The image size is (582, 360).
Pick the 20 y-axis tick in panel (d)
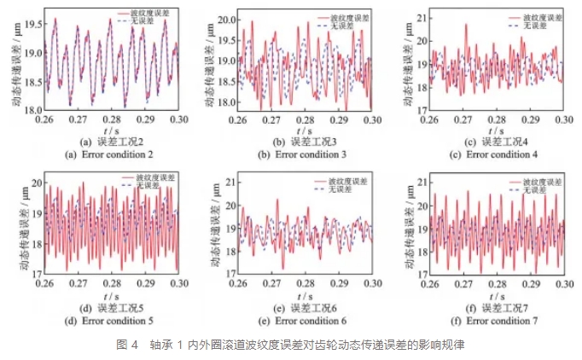33,183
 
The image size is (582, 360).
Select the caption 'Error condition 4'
498,154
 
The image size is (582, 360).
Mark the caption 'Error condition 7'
498,320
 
